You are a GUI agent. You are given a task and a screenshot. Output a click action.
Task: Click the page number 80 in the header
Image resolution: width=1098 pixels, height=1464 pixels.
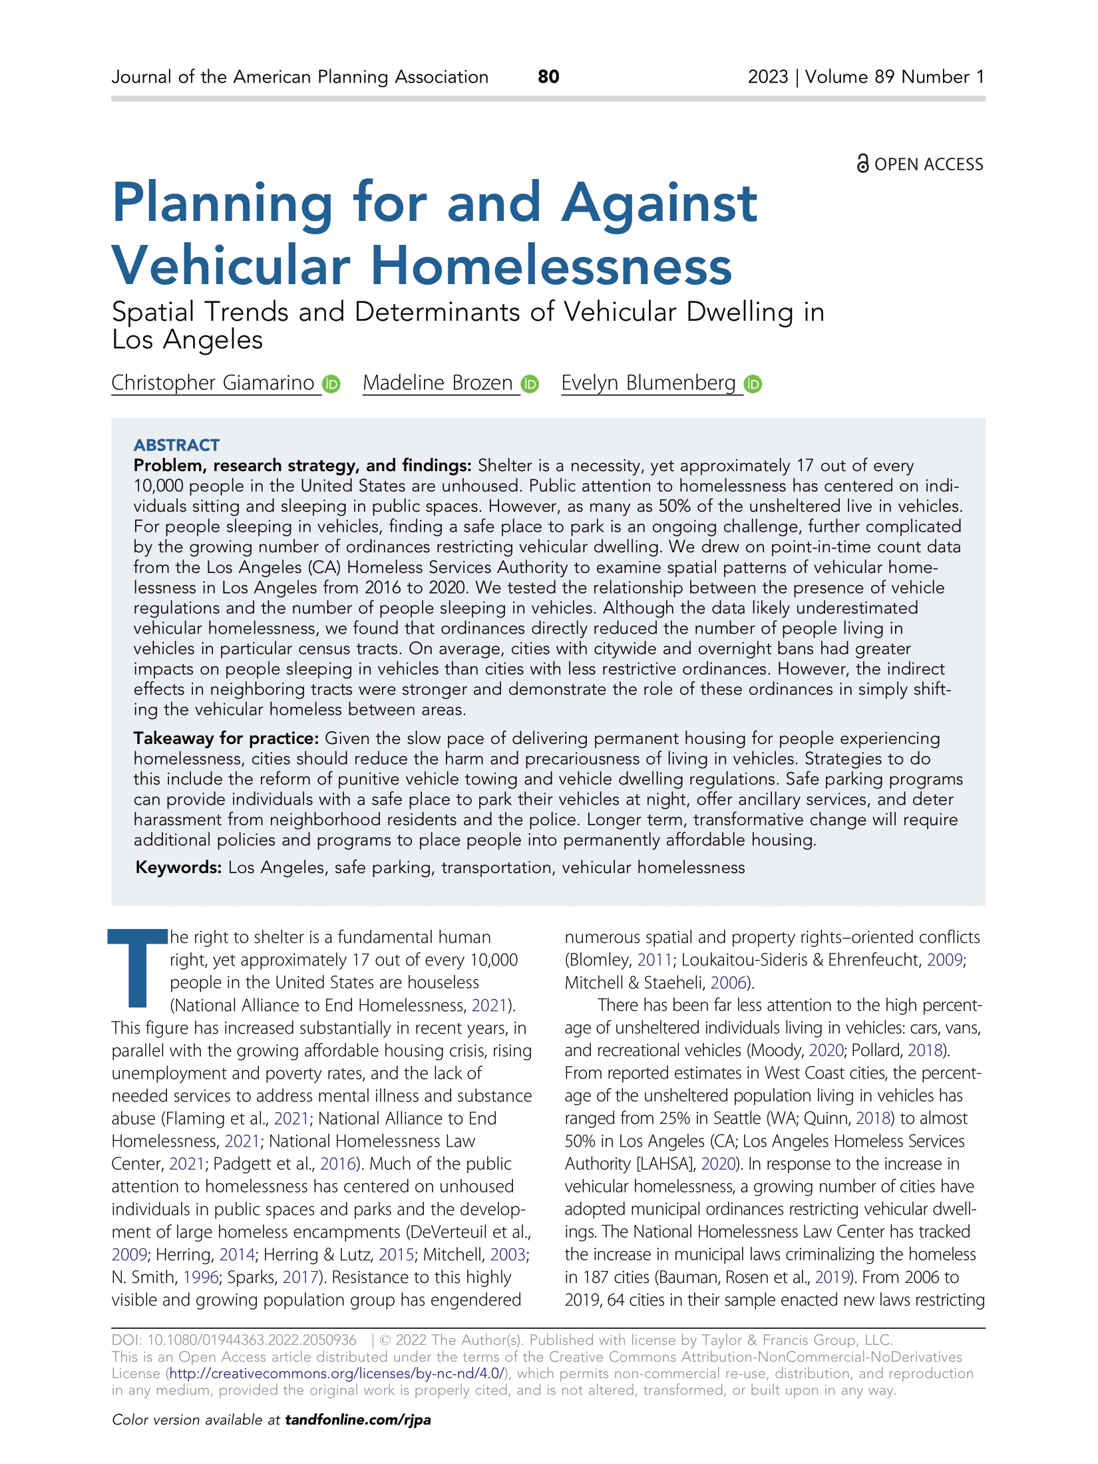coord(548,77)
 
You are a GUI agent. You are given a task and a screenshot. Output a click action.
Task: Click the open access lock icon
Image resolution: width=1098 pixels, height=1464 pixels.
coord(862,163)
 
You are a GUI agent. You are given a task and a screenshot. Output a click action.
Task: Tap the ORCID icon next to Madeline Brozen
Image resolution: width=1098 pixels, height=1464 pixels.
coord(530,384)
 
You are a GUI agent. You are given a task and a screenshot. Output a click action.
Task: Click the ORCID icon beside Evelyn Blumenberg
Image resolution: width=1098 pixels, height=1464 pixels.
coord(753,384)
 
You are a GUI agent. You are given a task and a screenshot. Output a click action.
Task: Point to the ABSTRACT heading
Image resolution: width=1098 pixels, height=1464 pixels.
coord(176,445)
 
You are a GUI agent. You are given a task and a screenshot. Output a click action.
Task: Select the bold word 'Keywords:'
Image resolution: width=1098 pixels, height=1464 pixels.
coord(178,867)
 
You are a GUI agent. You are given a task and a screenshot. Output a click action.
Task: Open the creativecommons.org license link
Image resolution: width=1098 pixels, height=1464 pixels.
coord(337,1373)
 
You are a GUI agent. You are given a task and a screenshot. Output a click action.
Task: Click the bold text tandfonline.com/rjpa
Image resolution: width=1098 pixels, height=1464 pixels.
coord(358,1419)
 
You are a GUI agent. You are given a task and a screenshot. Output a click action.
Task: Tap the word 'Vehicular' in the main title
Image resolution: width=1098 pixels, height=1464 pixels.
coord(230,266)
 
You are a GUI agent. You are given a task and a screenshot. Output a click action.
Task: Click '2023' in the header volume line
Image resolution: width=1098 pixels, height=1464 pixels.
coord(767,77)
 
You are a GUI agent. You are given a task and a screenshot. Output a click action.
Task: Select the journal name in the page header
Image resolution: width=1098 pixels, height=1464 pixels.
coord(299,77)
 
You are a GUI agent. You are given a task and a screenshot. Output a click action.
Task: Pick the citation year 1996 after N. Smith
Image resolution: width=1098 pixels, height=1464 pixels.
coord(201,1277)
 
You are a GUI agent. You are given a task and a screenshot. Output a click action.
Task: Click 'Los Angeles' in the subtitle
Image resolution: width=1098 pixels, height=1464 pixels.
coord(187,340)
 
